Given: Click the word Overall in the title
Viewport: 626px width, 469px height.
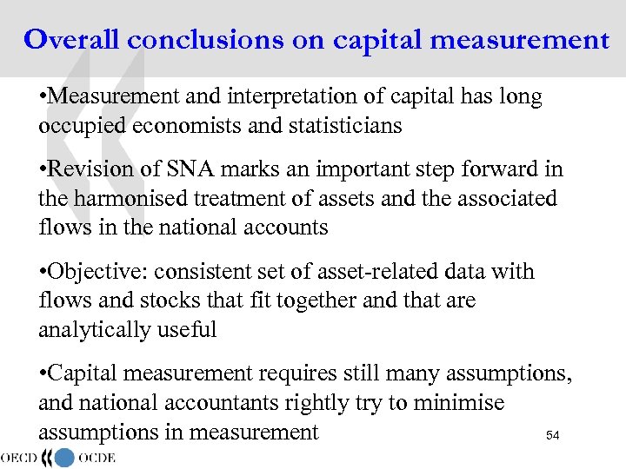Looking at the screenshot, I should point(72,39).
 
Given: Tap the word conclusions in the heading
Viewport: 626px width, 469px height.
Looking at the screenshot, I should point(206,39).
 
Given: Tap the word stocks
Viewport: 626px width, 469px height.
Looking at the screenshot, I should point(143,301).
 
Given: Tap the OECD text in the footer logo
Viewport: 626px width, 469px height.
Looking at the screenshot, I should point(23,457).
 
